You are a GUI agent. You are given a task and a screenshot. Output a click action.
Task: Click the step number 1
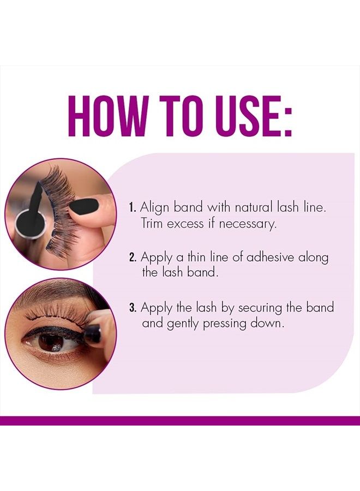pyautogui.click(x=132, y=208)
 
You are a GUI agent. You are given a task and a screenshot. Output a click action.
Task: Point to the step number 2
pyautogui.click(x=133, y=258)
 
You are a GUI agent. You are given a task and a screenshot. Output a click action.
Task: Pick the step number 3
pyautogui.click(x=133, y=308)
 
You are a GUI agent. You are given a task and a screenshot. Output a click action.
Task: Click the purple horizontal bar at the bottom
pyautogui.click(x=180, y=421)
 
